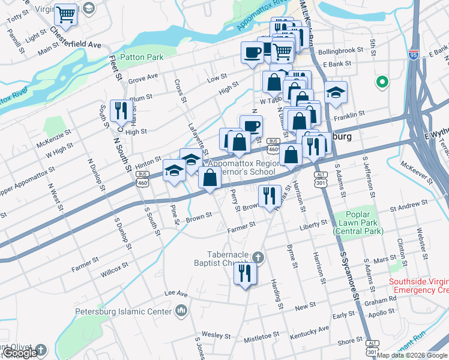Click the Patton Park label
click(x=142, y=58)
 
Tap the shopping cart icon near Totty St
click(x=66, y=14)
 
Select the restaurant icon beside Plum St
click(x=121, y=109)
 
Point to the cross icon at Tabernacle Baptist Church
click(x=258, y=257)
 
